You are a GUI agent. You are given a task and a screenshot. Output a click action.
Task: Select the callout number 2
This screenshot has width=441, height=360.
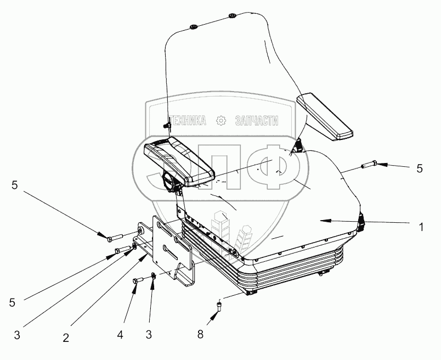[66, 338]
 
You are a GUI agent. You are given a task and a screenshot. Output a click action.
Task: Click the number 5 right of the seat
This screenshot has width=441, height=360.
[420, 169]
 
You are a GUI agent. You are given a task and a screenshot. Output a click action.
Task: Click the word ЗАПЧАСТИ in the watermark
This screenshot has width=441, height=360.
[257, 121]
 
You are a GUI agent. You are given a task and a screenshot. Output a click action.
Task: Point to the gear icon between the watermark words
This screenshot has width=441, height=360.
[221, 121]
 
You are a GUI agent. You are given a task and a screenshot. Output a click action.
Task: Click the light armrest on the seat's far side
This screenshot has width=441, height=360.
[323, 118]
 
